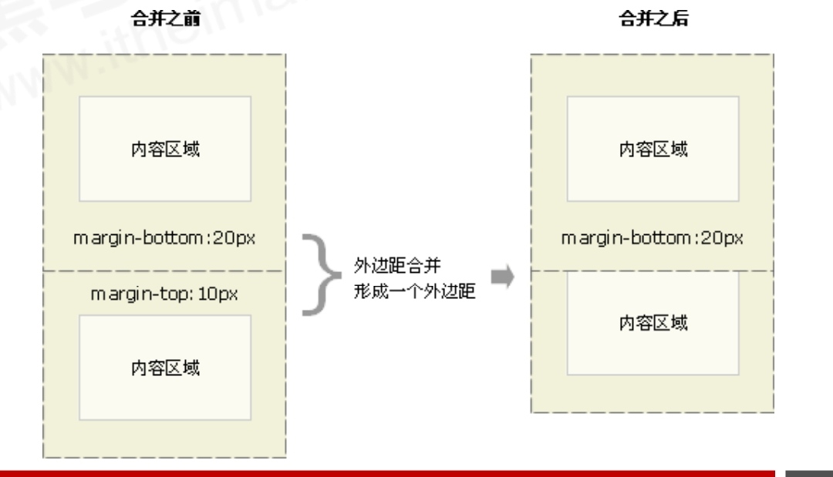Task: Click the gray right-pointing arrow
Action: point(502,277)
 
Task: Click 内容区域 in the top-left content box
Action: point(164,149)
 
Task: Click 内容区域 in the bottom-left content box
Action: point(164,367)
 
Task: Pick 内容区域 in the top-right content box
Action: point(653,149)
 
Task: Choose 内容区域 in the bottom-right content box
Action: point(653,322)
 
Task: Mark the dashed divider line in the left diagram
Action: point(164,271)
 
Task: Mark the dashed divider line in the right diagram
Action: point(653,271)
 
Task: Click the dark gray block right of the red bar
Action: point(809,472)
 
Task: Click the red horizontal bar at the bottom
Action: point(386,472)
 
